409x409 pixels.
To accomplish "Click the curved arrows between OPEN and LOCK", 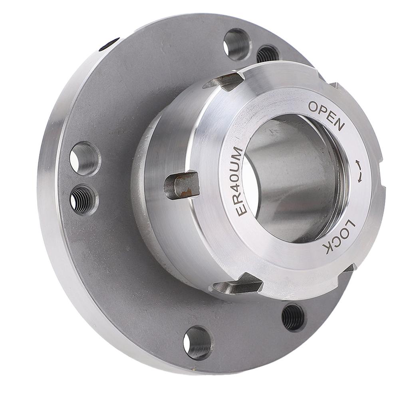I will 359,171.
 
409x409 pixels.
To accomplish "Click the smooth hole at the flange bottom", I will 197,343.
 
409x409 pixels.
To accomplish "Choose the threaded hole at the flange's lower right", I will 294,317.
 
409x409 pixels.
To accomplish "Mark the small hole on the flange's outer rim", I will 109,44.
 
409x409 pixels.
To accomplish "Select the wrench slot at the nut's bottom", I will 238,286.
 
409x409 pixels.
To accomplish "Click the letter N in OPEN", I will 338,125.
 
